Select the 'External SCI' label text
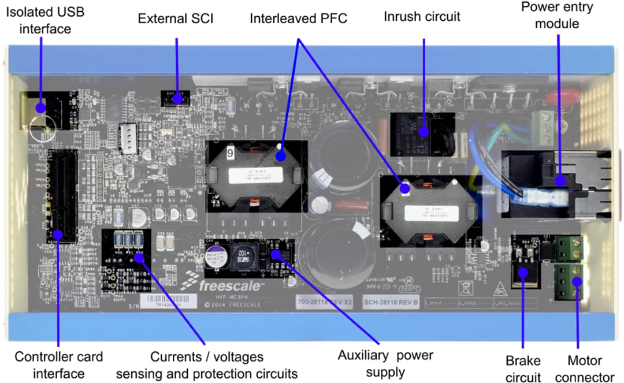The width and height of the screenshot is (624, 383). tap(176, 18)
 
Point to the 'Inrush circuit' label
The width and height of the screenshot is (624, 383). tap(422, 16)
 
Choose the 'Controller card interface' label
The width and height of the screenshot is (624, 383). tap(58, 365)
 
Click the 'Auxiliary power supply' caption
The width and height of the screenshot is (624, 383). tap(385, 363)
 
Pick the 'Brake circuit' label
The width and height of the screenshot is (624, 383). tap(523, 369)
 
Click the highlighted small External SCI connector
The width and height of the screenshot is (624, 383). tap(174, 97)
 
